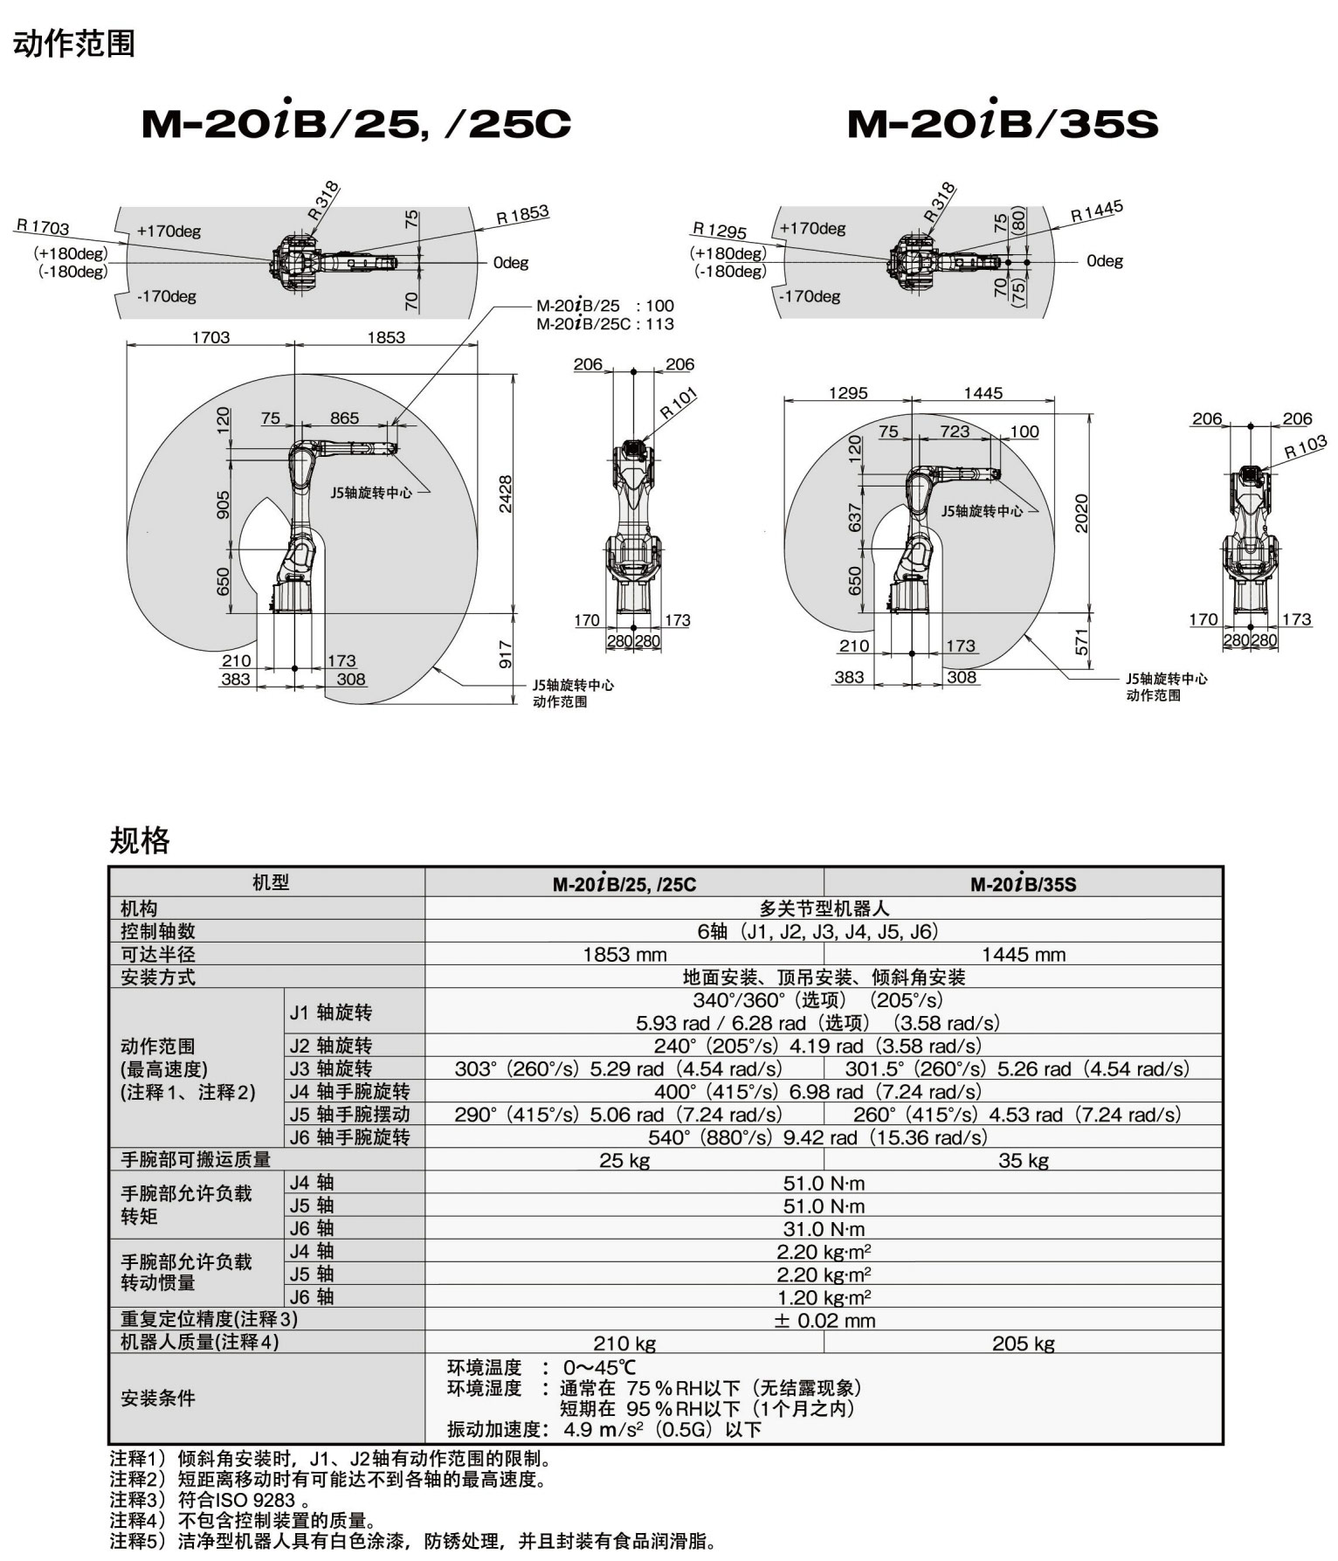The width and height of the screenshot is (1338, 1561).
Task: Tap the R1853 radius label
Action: coord(522,215)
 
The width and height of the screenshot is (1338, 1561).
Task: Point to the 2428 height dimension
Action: coord(505,494)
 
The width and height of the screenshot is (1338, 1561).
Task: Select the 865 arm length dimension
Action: coord(344,418)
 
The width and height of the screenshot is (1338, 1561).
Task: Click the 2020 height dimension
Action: coord(1081,514)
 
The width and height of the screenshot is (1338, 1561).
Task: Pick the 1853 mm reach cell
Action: coord(624,955)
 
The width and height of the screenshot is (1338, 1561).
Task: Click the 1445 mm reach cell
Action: coord(1023,955)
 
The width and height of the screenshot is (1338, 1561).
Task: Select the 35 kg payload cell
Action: coord(1023,1161)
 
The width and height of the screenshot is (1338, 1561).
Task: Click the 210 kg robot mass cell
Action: coord(624,1343)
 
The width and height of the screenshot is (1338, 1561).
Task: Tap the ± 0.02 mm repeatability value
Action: coord(824,1321)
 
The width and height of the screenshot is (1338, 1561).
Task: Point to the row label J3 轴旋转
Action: coord(331,1068)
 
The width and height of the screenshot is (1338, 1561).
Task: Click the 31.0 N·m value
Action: coord(824,1229)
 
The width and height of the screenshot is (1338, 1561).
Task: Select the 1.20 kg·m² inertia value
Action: coord(824,1298)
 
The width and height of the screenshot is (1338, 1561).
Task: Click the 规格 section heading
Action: coord(139,840)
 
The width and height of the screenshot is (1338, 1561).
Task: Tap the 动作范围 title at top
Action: coord(73,43)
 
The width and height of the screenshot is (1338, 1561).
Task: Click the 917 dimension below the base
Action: coord(505,655)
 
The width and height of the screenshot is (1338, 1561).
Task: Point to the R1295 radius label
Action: coord(720,231)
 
